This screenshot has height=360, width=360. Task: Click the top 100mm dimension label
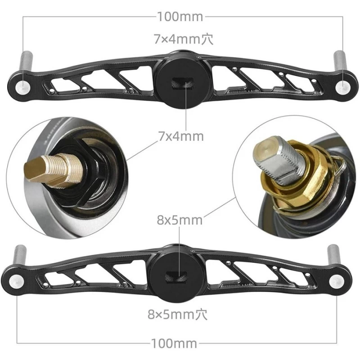[180, 17]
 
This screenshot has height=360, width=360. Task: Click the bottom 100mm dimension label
[180, 344]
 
